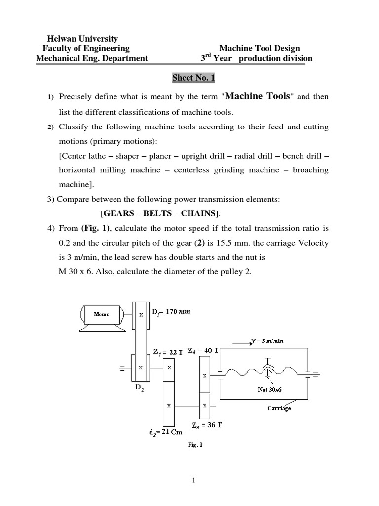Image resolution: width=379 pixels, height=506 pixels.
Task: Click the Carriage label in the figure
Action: click(279, 408)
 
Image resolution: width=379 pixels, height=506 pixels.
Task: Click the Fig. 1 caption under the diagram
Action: click(195, 444)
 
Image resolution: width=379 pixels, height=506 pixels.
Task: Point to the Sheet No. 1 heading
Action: click(194, 78)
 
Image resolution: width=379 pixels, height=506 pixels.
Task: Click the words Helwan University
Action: click(82, 38)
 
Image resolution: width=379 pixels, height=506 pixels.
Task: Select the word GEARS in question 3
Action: click(120, 213)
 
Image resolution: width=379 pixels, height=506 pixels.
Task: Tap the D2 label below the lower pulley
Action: click(140, 388)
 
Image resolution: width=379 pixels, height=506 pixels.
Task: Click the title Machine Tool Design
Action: click(259, 48)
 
